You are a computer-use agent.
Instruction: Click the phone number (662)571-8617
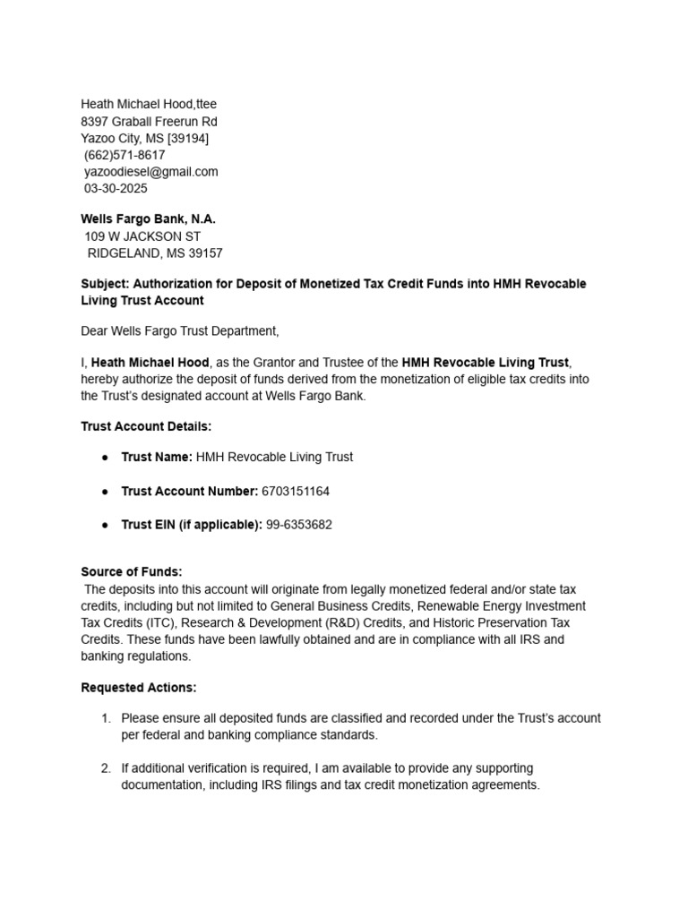[125, 155]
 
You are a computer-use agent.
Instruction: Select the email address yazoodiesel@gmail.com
[151, 172]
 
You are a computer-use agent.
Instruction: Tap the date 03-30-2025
[116, 189]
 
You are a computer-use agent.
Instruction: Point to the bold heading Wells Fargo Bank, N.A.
[149, 219]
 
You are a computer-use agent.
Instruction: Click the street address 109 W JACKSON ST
[142, 236]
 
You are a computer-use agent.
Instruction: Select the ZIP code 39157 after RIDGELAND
[203, 253]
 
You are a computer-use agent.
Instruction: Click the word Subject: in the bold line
[105, 284]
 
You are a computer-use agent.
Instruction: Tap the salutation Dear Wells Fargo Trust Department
[180, 331]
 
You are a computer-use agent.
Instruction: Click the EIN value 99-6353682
[299, 525]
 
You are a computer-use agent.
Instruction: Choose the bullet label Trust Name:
[157, 457]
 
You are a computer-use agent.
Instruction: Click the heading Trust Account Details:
[146, 426]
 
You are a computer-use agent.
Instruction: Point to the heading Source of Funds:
[132, 571]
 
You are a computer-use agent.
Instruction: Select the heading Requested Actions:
[139, 688]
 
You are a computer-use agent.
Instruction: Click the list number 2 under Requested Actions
[105, 768]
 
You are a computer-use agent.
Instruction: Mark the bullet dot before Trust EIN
[104, 525]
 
